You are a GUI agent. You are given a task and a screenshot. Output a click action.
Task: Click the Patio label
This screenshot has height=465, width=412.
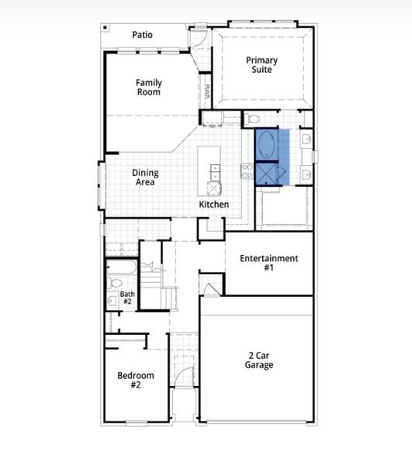142,35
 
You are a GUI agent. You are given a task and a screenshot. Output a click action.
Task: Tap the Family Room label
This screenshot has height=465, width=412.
148,88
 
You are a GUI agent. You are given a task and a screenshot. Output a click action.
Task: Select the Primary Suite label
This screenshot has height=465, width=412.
262,65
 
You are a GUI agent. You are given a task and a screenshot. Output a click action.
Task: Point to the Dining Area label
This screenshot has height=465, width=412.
145,177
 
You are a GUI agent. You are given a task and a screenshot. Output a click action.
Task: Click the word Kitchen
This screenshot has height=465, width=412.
213,205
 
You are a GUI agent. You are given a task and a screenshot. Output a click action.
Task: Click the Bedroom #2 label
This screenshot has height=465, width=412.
136,380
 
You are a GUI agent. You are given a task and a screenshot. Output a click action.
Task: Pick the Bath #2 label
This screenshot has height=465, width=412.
126,298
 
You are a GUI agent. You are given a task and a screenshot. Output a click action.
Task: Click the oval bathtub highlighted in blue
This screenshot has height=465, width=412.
266,144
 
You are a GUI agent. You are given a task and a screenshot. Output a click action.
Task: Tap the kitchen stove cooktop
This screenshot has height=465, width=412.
248,171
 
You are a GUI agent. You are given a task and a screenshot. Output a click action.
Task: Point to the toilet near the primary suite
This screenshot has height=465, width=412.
254,120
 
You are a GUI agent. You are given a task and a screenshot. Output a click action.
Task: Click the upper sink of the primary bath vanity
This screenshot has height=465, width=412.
305,140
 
